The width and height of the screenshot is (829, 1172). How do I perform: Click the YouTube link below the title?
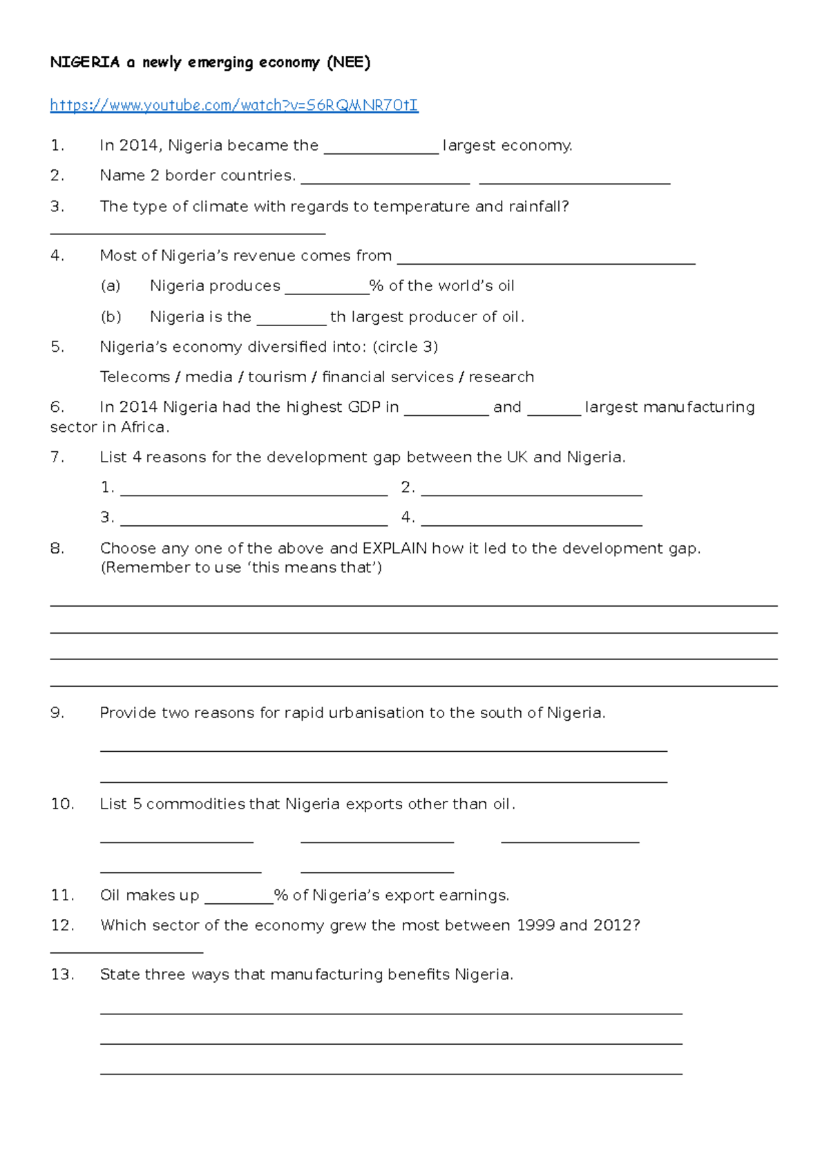click(234, 105)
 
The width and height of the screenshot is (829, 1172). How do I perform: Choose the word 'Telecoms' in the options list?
click(135, 377)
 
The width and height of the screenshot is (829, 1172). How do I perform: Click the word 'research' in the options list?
click(501, 377)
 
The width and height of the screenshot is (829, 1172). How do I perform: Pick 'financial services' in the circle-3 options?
click(388, 377)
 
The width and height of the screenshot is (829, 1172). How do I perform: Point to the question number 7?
click(57, 457)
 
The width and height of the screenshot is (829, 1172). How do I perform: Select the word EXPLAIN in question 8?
click(394, 548)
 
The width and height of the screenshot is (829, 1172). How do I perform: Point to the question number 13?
click(61, 974)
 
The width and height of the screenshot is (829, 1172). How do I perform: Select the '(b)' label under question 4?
click(111, 316)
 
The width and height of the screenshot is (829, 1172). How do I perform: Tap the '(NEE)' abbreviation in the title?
click(348, 62)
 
